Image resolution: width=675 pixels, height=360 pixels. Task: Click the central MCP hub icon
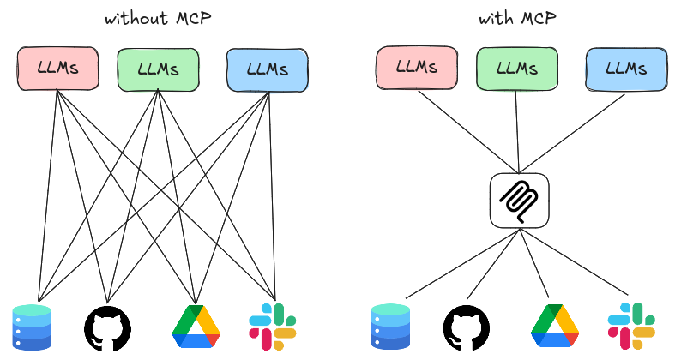coord(519,201)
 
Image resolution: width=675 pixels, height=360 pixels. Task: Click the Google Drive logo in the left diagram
coord(196,327)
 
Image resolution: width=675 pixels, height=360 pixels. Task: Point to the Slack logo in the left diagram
coord(272,327)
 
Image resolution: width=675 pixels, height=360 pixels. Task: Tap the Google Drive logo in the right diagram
coord(555,327)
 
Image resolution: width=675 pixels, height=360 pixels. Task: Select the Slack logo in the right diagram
coord(630,327)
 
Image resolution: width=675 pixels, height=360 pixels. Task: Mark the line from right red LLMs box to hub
coord(467,129)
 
